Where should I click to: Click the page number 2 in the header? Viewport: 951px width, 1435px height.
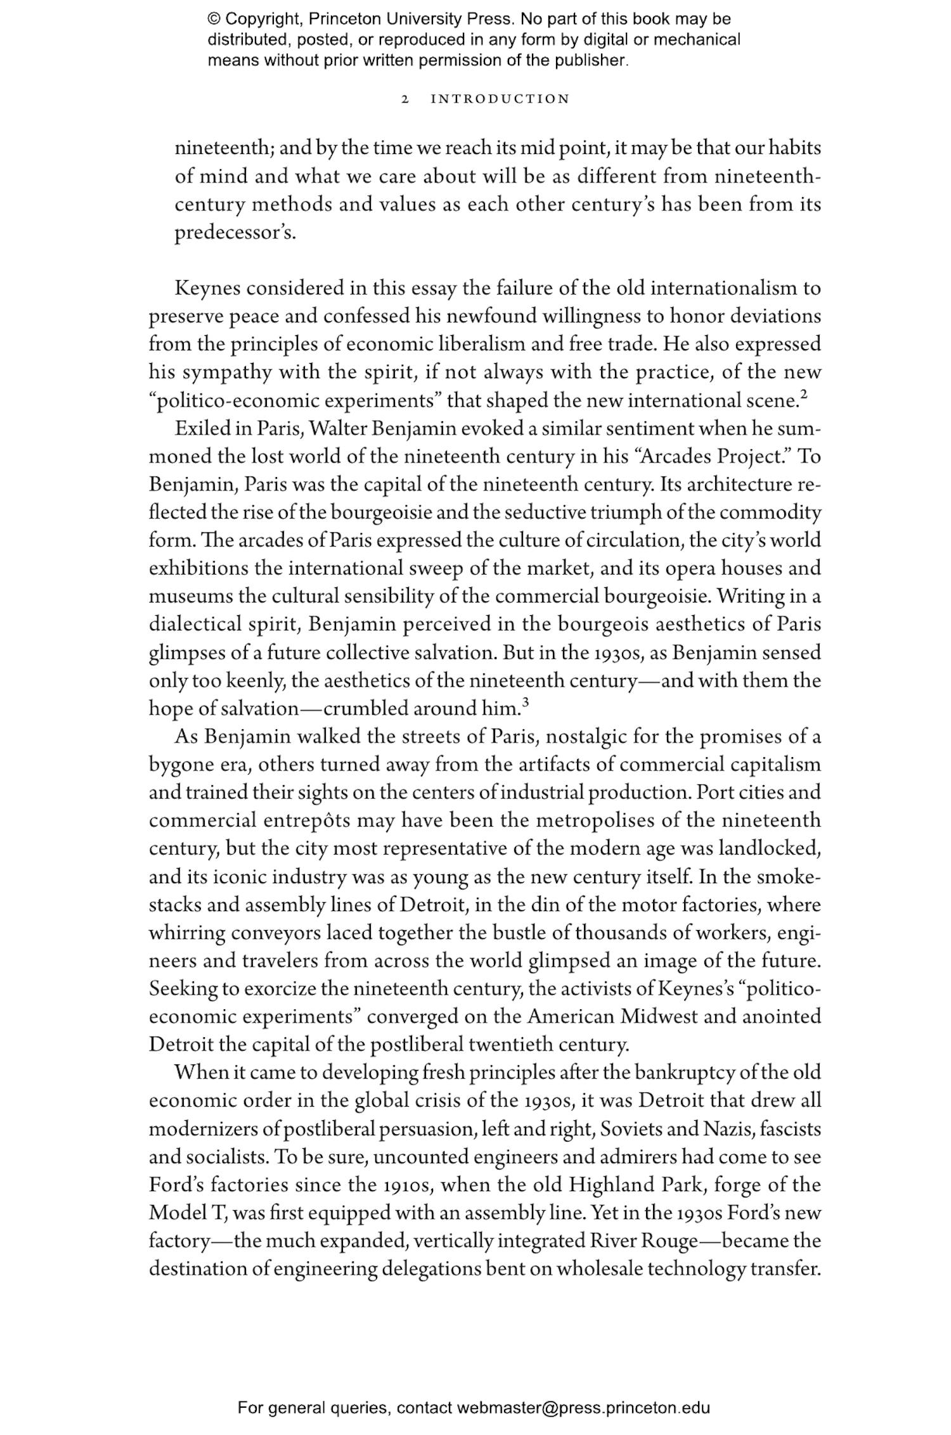405,99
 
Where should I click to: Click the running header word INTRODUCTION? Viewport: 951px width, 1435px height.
500,99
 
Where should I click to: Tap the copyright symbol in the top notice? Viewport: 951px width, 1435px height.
214,19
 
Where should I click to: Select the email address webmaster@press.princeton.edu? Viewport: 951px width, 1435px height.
583,1408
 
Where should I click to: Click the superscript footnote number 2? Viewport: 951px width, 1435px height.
804,395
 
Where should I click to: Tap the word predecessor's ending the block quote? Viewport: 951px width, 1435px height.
235,233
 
